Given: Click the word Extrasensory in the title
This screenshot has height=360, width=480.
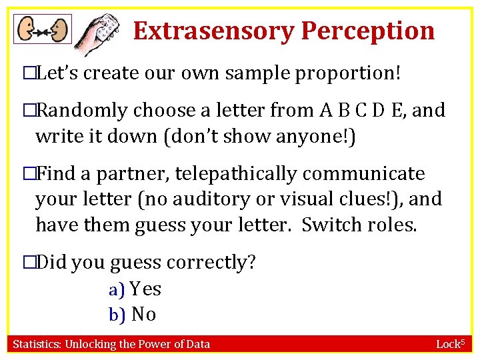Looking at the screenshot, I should coord(213,31).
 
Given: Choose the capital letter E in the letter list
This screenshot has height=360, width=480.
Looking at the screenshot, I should coord(397,110).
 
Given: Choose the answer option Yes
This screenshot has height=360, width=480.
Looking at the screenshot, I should coord(145,289).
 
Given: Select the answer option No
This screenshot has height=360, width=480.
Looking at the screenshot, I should coord(143,314).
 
